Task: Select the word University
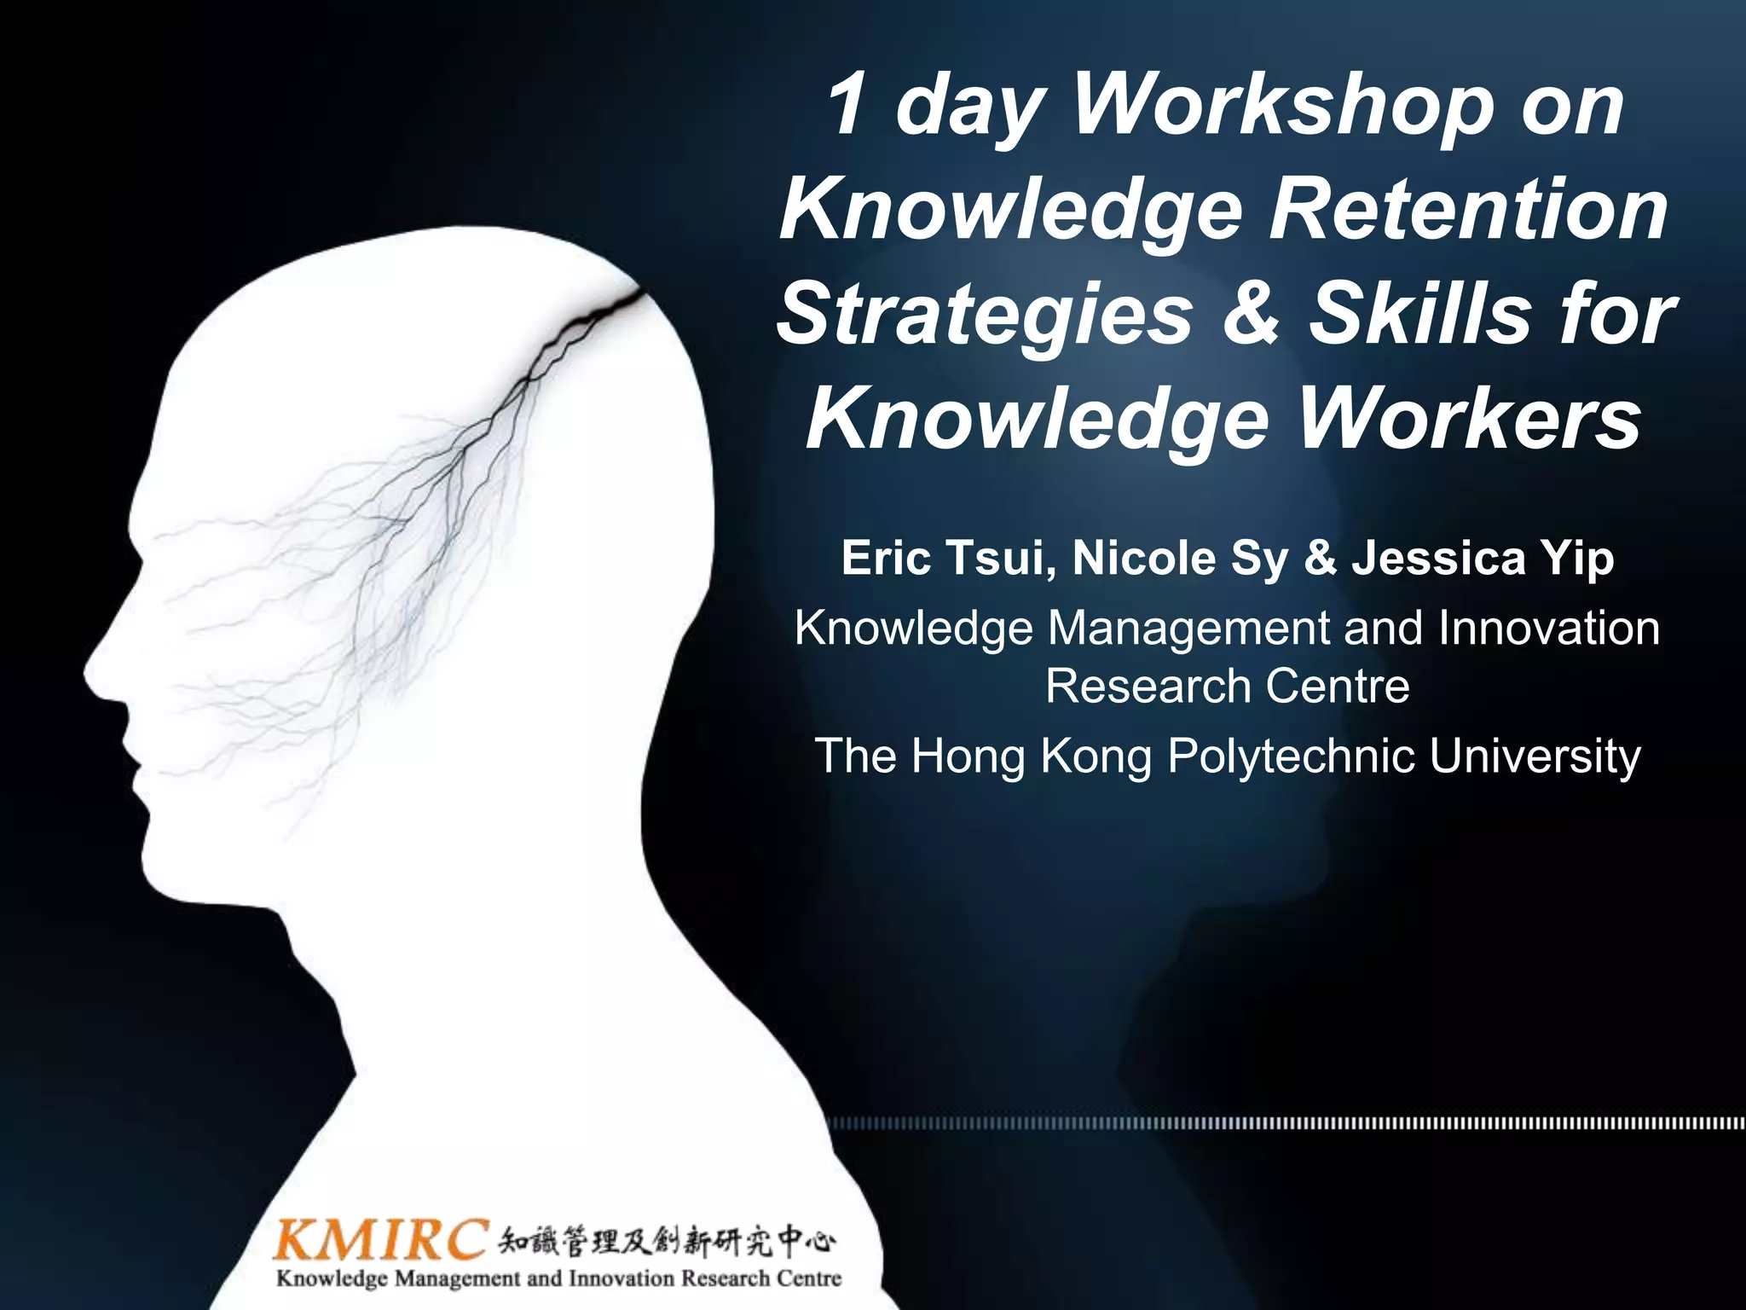(1535, 756)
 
